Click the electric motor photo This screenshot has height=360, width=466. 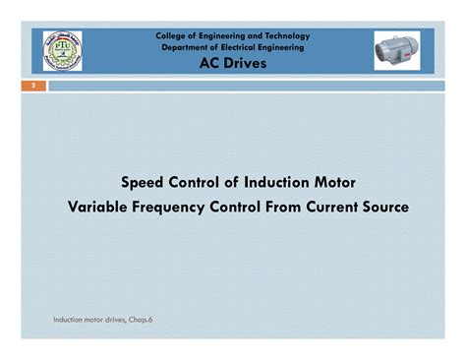coord(402,50)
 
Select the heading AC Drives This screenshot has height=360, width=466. coord(232,62)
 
